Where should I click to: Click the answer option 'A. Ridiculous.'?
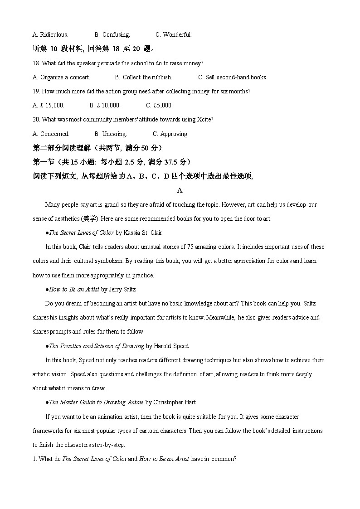pyautogui.click(x=50, y=34)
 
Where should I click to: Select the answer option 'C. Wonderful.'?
pyautogui.click(x=174, y=34)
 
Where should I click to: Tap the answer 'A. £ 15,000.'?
pyautogui.click(x=49, y=105)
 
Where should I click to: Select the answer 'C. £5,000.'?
pyautogui.click(x=159, y=105)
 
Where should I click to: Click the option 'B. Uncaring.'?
pyautogui.click(x=111, y=134)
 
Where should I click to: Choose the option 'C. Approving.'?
pyautogui.click(x=170, y=134)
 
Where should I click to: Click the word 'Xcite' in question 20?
pyautogui.click(x=205, y=120)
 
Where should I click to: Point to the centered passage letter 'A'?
pyautogui.click(x=180, y=190)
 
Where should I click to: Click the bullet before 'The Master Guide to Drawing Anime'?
pyautogui.click(x=47, y=402)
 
